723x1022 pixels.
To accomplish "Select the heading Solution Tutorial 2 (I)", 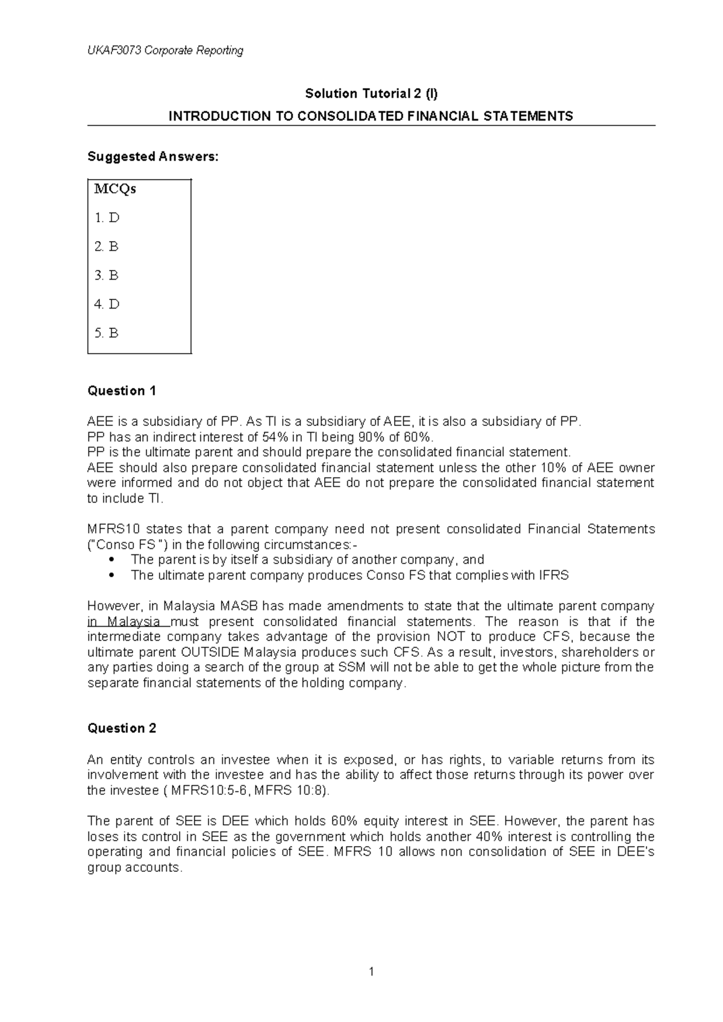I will [x=372, y=93].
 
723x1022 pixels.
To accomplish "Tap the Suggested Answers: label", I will [x=154, y=157].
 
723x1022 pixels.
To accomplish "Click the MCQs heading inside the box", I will [x=115, y=189].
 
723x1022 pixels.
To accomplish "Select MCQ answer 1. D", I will [x=107, y=218].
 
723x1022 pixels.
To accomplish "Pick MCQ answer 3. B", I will [x=107, y=275].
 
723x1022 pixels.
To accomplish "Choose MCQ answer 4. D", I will [x=107, y=304].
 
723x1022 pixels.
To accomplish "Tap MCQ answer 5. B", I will [x=107, y=333].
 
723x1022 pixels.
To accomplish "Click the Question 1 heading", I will [x=122, y=391].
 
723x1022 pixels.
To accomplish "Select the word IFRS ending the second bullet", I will [x=556, y=575].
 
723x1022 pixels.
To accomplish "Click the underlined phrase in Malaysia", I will [x=124, y=622].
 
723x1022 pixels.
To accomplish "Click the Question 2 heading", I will [x=122, y=729].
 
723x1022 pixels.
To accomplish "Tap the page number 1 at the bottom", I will [x=372, y=971].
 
